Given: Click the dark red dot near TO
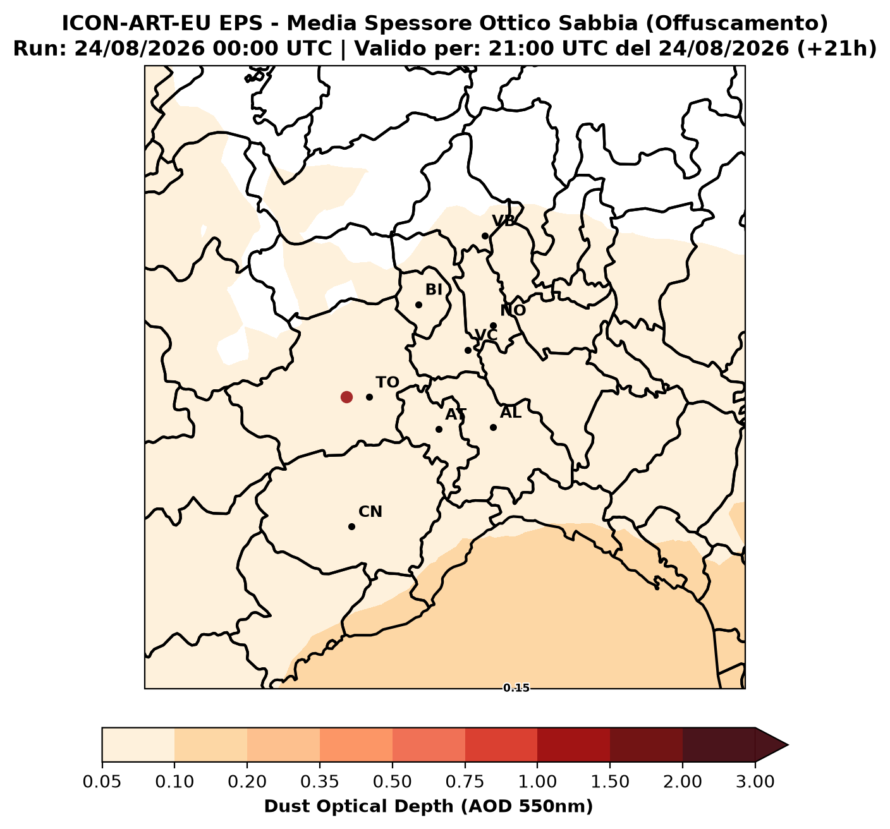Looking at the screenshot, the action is [x=346, y=397].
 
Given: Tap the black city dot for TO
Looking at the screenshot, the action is [x=369, y=397].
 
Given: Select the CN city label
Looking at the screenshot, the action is [x=370, y=512].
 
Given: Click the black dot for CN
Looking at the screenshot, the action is [x=352, y=526].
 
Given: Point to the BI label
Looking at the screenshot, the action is [x=434, y=290].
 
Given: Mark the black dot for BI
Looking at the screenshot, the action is [x=418, y=305].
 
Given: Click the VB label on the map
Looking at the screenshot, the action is [x=504, y=221].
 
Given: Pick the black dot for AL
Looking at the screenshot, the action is [x=493, y=428].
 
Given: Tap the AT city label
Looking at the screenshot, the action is [x=456, y=415].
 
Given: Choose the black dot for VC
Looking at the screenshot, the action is [x=468, y=350].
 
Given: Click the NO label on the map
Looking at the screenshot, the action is [x=513, y=310].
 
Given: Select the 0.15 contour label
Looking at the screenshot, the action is [x=516, y=688].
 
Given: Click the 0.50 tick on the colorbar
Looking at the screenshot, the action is [x=393, y=762].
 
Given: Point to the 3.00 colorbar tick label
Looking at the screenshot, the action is [x=755, y=782].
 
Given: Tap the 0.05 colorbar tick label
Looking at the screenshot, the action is [x=102, y=782].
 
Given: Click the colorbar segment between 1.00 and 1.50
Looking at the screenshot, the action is [x=573, y=745].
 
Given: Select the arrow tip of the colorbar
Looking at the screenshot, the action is [x=788, y=745].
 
